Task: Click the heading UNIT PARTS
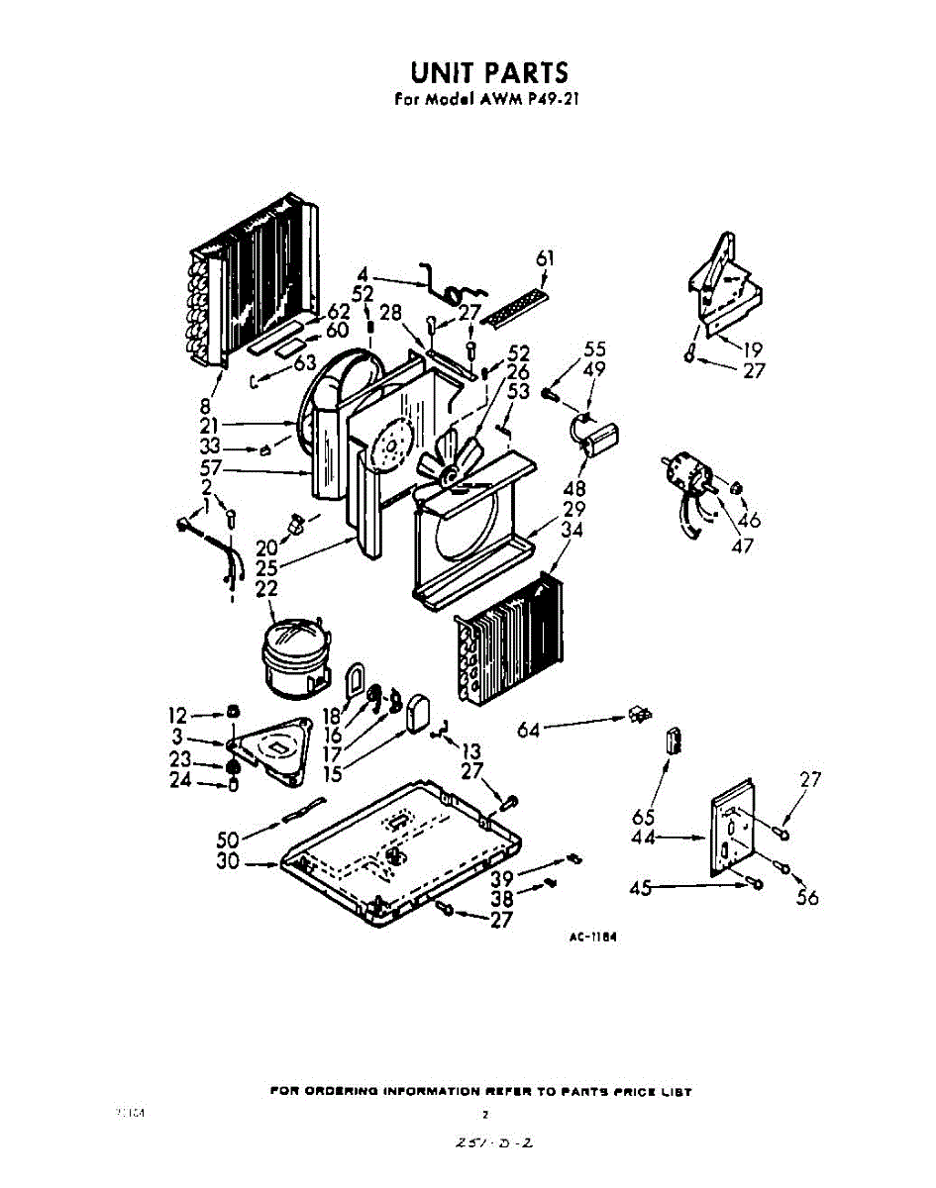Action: pos(489,72)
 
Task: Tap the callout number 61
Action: pos(544,259)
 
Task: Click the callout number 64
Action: pos(531,730)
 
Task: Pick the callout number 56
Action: pos(808,897)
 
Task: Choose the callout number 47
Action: pos(742,544)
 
